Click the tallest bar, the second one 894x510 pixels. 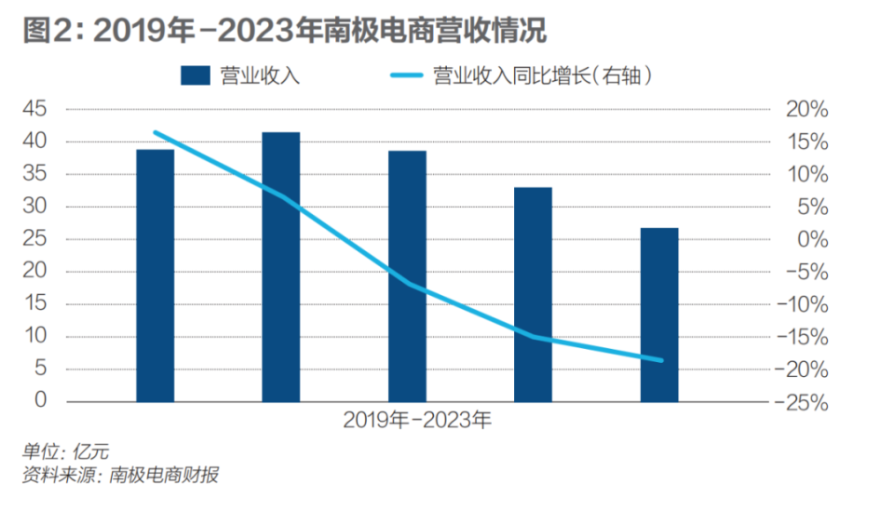[x=280, y=267]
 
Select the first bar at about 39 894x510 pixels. [x=155, y=275]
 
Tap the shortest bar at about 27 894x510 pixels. [x=659, y=315]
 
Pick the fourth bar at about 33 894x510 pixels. [x=533, y=294]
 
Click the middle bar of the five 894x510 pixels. [x=407, y=276]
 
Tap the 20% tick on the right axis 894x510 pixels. [x=806, y=110]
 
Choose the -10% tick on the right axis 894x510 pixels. [x=802, y=305]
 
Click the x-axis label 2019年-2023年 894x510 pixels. [x=416, y=421]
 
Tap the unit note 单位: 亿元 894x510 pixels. [x=65, y=453]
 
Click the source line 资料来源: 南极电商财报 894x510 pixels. [x=120, y=476]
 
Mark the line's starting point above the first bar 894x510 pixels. [x=155, y=132]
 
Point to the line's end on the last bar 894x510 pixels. [x=661, y=360]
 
